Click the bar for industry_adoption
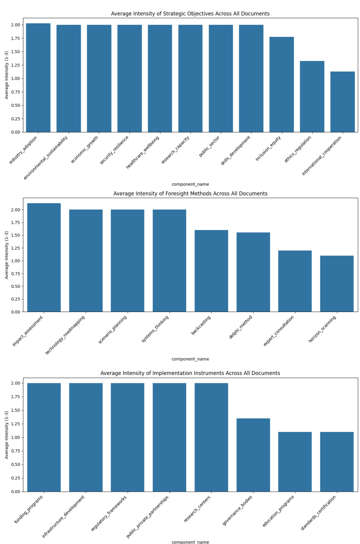[38, 78]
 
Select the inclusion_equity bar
[282, 84]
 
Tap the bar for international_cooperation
[343, 102]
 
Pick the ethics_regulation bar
[312, 97]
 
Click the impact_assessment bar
[44, 257]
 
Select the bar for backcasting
[211, 271]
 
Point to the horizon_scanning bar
[337, 284]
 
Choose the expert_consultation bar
[295, 281]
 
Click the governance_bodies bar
[253, 455]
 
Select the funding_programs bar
[44, 437]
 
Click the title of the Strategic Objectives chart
[190, 14]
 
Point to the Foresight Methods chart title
[190, 194]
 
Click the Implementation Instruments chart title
[190, 373]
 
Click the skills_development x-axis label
[236, 150]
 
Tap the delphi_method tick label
[241, 327]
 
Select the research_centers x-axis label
[198, 508]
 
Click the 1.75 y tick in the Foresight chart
[15, 223]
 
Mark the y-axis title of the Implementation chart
[7, 435]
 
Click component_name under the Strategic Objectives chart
[190, 185]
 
